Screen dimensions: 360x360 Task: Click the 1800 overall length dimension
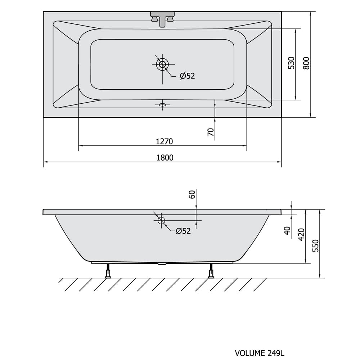[x=165, y=158]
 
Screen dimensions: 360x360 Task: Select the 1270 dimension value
[x=165, y=141]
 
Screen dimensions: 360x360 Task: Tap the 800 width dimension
[x=306, y=63]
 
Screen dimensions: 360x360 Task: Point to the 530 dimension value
[x=291, y=63]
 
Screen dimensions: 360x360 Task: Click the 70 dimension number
[x=211, y=132]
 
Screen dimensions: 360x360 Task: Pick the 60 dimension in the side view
[x=192, y=194]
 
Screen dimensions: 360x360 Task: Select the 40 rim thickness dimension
[x=287, y=230]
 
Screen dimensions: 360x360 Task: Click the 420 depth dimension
[x=301, y=235]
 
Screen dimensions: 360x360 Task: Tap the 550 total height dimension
[x=316, y=246]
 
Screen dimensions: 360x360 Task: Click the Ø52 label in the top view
[x=187, y=76]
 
